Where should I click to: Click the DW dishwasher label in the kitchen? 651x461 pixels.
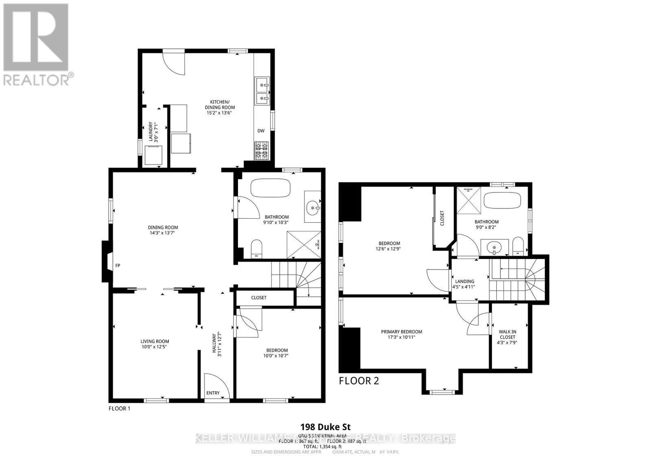click(x=261, y=131)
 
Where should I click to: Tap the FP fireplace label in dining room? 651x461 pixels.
click(x=118, y=266)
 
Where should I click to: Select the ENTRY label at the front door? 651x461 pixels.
click(x=213, y=393)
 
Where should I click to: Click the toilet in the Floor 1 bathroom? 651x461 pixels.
click(x=256, y=248)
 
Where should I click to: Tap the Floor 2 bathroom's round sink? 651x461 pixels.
click(x=494, y=247)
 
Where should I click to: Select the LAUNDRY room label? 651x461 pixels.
click(x=153, y=132)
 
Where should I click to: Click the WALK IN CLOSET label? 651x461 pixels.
click(x=507, y=334)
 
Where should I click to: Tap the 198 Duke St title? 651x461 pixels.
click(x=325, y=427)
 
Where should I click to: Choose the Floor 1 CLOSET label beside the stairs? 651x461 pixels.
click(x=259, y=298)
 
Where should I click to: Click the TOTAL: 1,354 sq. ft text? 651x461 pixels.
click(x=325, y=446)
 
